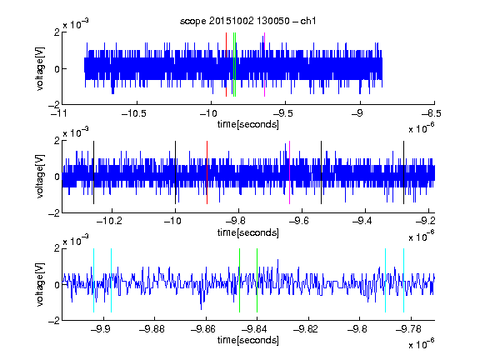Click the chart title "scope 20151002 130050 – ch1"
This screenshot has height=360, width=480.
pyautogui.click(x=247, y=21)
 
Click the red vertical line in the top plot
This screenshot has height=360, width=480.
pyautogui.click(x=226, y=65)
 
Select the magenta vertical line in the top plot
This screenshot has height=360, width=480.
pyautogui.click(x=264, y=65)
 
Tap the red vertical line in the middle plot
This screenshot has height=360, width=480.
pyautogui.click(x=207, y=172)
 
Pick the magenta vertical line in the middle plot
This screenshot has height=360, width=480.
pyautogui.click(x=290, y=172)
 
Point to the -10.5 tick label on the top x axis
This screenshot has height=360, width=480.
pyautogui.click(x=134, y=114)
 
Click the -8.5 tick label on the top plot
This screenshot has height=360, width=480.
pyautogui.click(x=432, y=114)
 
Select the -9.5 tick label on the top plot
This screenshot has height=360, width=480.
pyautogui.click(x=282, y=114)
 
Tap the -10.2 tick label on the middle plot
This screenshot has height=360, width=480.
pyautogui.click(x=109, y=221)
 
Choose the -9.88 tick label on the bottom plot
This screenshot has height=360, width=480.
pyautogui.click(x=152, y=329)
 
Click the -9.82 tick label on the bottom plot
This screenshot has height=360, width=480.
pyautogui.click(x=306, y=329)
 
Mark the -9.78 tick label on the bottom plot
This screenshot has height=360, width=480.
pyautogui.click(x=408, y=329)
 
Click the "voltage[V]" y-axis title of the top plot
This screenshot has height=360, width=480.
pyautogui.click(x=40, y=68)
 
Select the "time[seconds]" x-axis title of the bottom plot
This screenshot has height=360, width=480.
pyautogui.click(x=248, y=340)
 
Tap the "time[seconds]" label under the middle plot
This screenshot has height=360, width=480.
pyautogui.click(x=248, y=232)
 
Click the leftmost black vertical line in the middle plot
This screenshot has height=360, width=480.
pyautogui.click(x=93, y=172)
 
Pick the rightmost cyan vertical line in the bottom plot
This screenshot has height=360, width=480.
pyautogui.click(x=404, y=280)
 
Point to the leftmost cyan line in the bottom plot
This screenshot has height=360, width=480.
pyautogui.click(x=93, y=280)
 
